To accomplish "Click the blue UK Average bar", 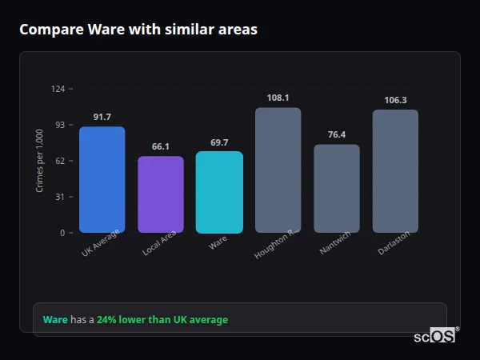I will [x=102, y=180].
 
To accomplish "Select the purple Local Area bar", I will [x=160, y=194].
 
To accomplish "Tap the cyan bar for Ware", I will [x=219, y=192].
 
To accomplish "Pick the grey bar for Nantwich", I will [x=336, y=189].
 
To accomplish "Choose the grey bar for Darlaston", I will [x=395, y=171].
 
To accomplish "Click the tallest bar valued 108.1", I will [x=278, y=170].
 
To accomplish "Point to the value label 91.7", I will [x=102, y=118].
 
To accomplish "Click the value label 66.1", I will [x=160, y=147].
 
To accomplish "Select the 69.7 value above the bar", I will [x=219, y=142].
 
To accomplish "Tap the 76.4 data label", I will [x=336, y=135].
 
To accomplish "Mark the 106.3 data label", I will [x=395, y=101].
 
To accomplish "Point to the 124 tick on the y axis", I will [x=58, y=89].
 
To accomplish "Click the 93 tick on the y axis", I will [x=60, y=125].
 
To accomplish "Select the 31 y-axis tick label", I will [x=60, y=197].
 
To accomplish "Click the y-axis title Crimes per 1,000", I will [x=40, y=161].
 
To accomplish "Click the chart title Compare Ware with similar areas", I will [x=138, y=30].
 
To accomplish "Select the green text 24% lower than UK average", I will [x=162, y=320].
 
